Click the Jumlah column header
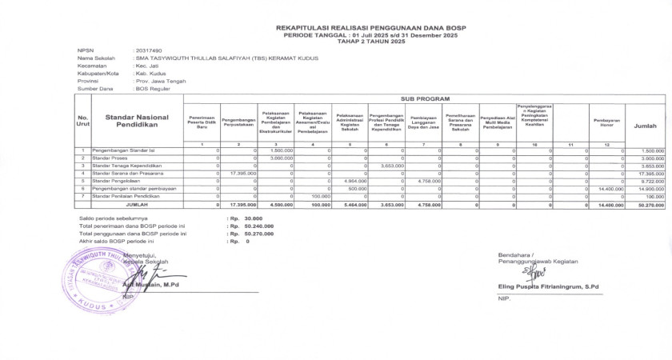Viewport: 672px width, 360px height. click(x=645, y=126)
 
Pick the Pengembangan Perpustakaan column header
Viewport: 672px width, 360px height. click(x=238, y=123)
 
